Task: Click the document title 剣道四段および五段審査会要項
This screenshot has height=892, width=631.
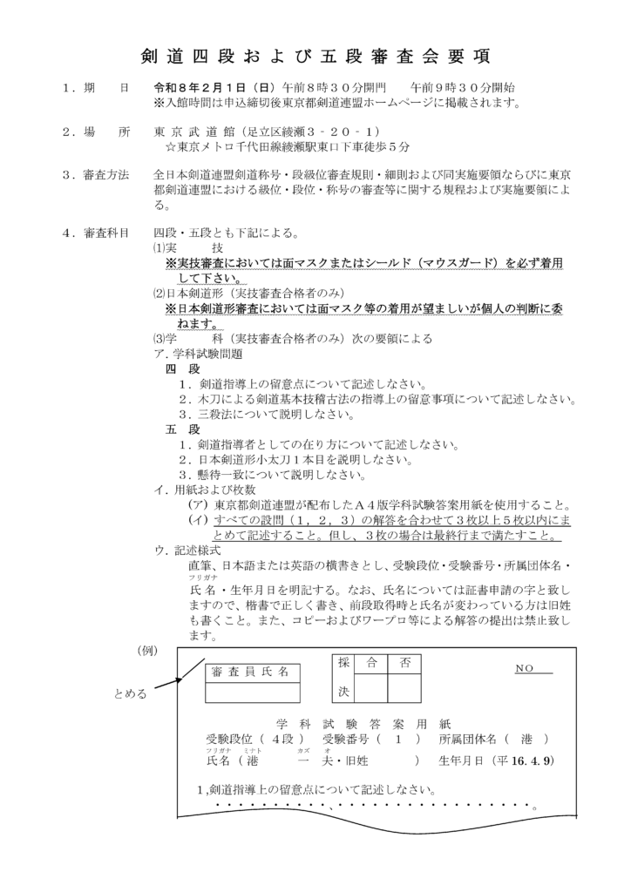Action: pyautogui.click(x=315, y=57)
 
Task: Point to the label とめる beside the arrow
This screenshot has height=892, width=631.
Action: pyautogui.click(x=130, y=693)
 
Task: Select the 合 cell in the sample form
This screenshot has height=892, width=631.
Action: pyautogui.click(x=371, y=664)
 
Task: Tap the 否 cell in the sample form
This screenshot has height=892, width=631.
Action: pyautogui.click(x=404, y=664)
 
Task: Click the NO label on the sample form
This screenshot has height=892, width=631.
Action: pyautogui.click(x=525, y=668)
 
